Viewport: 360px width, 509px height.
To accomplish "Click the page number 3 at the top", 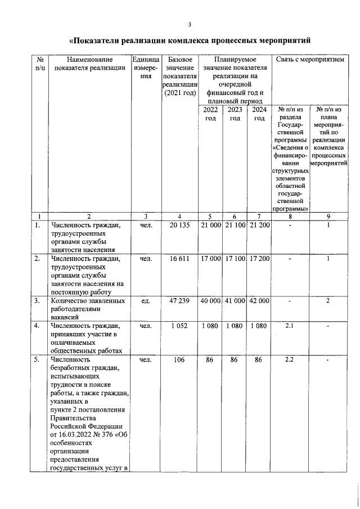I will coord(190,24).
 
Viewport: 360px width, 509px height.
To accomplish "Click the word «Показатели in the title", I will coord(102,41).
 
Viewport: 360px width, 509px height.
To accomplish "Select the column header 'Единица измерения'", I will coord(146,67).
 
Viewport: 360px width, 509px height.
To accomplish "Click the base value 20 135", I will coord(179,226).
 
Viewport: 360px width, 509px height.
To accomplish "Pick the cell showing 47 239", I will coord(179,301).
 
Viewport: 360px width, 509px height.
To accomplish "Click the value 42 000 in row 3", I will coord(259,301).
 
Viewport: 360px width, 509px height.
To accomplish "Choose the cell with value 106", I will coord(179,358).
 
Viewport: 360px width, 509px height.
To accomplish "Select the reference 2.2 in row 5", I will coord(290,358).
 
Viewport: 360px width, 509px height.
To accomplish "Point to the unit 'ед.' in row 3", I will coord(146,301).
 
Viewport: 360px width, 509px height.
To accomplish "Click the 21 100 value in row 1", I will coord(236,226).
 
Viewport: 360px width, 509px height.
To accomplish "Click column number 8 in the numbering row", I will coord(290,217).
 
